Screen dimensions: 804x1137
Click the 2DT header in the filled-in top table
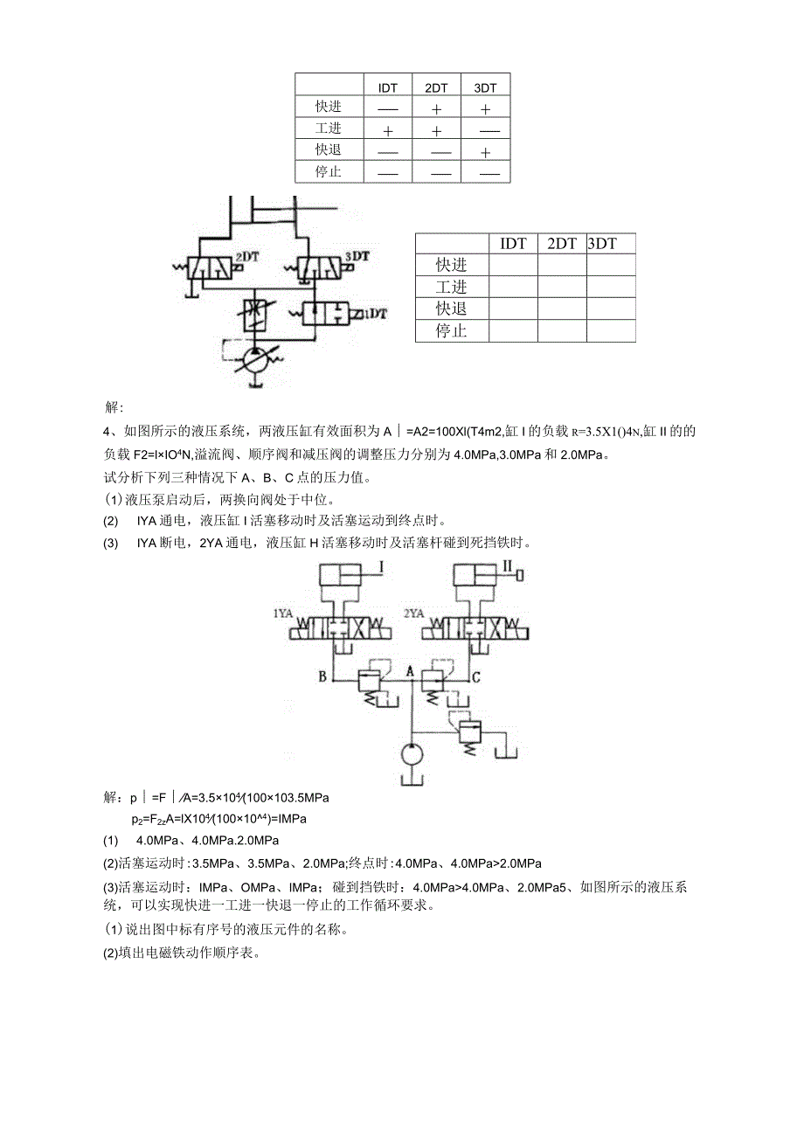tap(436, 87)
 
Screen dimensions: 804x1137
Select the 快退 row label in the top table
tap(329, 150)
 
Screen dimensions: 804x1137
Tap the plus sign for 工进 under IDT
tap(388, 130)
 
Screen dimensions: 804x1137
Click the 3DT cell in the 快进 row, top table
tap(486, 108)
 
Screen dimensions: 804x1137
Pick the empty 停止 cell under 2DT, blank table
tap(562, 331)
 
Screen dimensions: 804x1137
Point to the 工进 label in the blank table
tap(452, 287)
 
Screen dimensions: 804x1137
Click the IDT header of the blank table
tap(513, 244)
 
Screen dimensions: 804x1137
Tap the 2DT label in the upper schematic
tap(247, 256)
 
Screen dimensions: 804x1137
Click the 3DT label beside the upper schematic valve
tap(357, 256)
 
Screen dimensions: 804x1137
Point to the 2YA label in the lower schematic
tap(413, 614)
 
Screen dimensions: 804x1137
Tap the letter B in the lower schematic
tap(322, 676)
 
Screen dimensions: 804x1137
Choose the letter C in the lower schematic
tap(475, 676)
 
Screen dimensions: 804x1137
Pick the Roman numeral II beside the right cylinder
tap(507, 569)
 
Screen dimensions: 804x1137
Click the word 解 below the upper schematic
tap(114, 408)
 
